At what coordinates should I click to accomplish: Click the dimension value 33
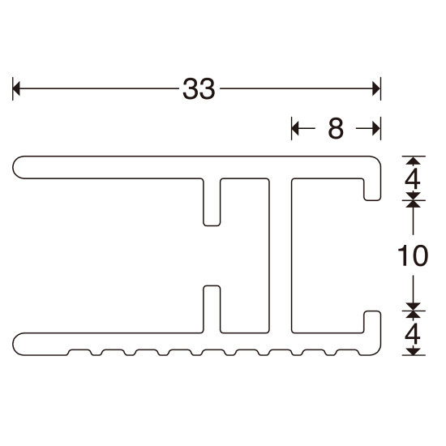click(198, 88)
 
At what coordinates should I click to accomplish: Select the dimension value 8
click(336, 127)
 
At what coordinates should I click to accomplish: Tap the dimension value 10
click(414, 255)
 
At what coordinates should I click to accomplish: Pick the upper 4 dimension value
click(414, 176)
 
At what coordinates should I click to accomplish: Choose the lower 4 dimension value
click(414, 333)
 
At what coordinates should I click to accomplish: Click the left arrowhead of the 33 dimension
click(18, 88)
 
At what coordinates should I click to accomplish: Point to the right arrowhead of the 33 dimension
click(375, 88)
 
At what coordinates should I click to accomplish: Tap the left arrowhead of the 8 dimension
click(297, 127)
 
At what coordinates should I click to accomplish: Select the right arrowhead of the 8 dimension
click(375, 127)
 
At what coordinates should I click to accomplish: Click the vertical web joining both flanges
click(280, 255)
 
